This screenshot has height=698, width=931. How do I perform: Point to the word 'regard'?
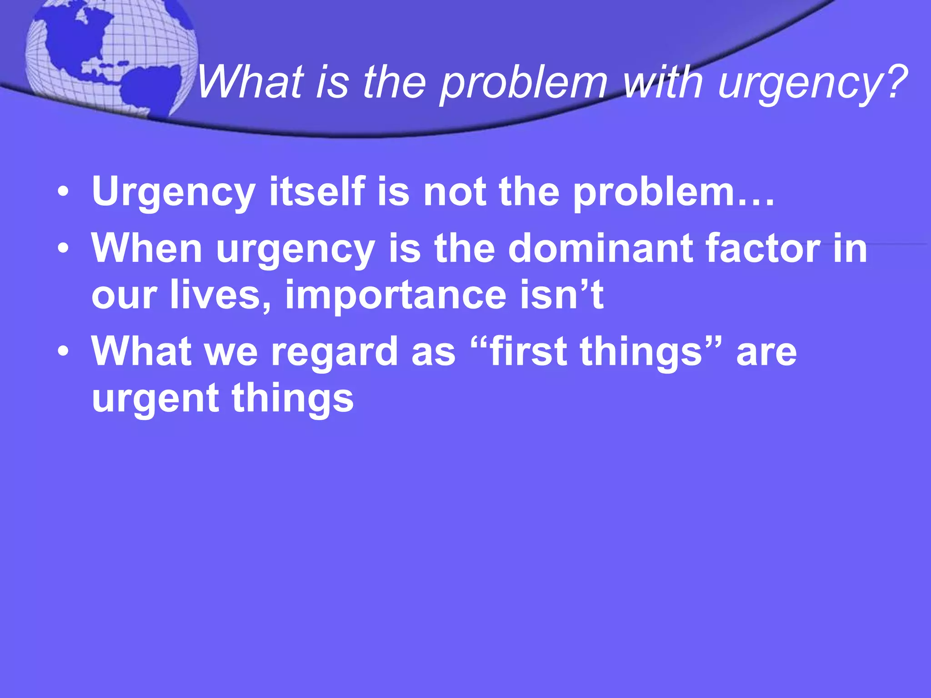(335, 352)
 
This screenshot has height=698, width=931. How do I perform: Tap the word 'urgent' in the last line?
(155, 399)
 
